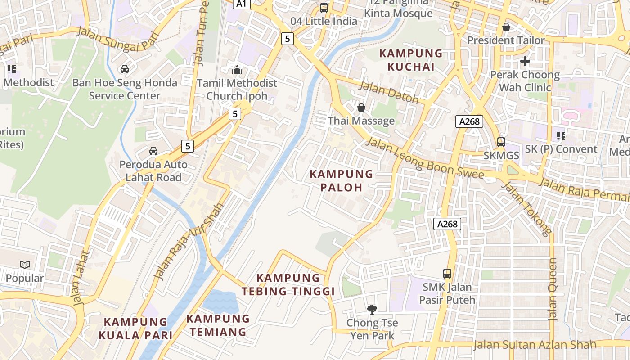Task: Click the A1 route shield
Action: click(242, 4)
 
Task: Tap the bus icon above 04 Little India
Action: click(324, 8)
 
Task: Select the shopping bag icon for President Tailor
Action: click(506, 27)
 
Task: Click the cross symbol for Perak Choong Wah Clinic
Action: click(525, 61)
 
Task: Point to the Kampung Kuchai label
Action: click(411, 60)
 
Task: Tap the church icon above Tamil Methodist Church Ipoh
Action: click(237, 70)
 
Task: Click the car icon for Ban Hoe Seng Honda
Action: click(125, 69)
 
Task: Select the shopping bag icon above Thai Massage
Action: click(361, 108)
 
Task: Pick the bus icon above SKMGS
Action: click(501, 142)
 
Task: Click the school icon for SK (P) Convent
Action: click(561, 135)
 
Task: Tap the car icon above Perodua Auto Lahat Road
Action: click(153, 151)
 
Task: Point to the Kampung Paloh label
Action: click(342, 180)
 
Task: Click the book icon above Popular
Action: click(25, 265)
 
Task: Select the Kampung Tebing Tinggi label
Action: click(288, 284)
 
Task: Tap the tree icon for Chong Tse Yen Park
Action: click(372, 309)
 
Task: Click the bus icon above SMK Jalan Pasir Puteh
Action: click(447, 273)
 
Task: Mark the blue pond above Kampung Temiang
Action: click(220, 301)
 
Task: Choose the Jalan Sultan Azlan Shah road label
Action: click(535, 345)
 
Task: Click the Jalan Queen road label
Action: click(553, 289)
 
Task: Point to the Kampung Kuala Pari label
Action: click(135, 328)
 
